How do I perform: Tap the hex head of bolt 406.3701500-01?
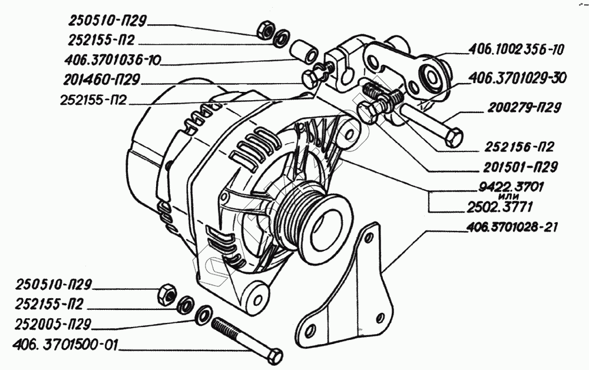274,356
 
